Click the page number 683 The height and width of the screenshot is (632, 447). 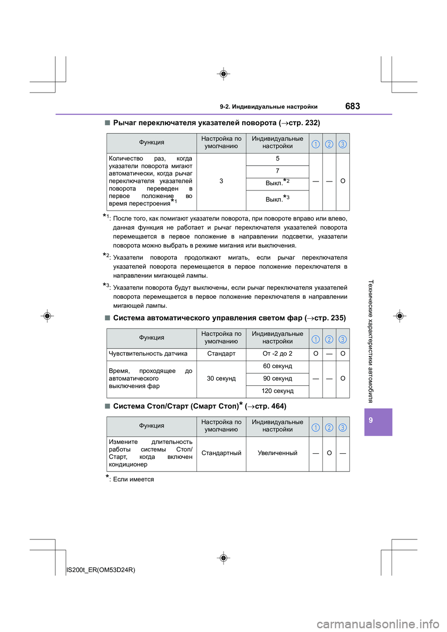[x=352, y=106]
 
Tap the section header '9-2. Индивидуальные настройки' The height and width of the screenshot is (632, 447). [x=269, y=107]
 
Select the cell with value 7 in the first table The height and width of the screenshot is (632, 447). [x=278, y=171]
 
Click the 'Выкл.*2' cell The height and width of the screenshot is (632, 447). [x=278, y=183]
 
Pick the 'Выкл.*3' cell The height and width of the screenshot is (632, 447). [x=278, y=199]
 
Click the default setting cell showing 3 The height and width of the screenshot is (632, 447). [x=221, y=181]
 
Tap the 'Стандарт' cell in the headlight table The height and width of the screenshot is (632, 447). [x=221, y=354]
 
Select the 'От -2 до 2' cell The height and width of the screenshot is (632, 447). [x=278, y=354]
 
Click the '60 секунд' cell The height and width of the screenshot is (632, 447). [x=278, y=366]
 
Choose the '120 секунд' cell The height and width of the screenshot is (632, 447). [x=278, y=391]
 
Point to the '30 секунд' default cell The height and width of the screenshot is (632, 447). [x=221, y=378]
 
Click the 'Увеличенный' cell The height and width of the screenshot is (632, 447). [x=278, y=453]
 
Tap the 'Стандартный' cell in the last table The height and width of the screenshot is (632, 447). [x=221, y=453]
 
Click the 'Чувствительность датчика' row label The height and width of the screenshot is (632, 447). [x=148, y=354]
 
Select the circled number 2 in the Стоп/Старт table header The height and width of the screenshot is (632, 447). [x=329, y=428]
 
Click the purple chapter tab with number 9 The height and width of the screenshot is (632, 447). [x=378, y=421]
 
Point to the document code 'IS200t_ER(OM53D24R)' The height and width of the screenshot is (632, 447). [x=101, y=570]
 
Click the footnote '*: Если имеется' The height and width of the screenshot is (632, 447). [x=130, y=479]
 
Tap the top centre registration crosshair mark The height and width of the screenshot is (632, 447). [x=223, y=74]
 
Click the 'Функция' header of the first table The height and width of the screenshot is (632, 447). [x=152, y=142]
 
